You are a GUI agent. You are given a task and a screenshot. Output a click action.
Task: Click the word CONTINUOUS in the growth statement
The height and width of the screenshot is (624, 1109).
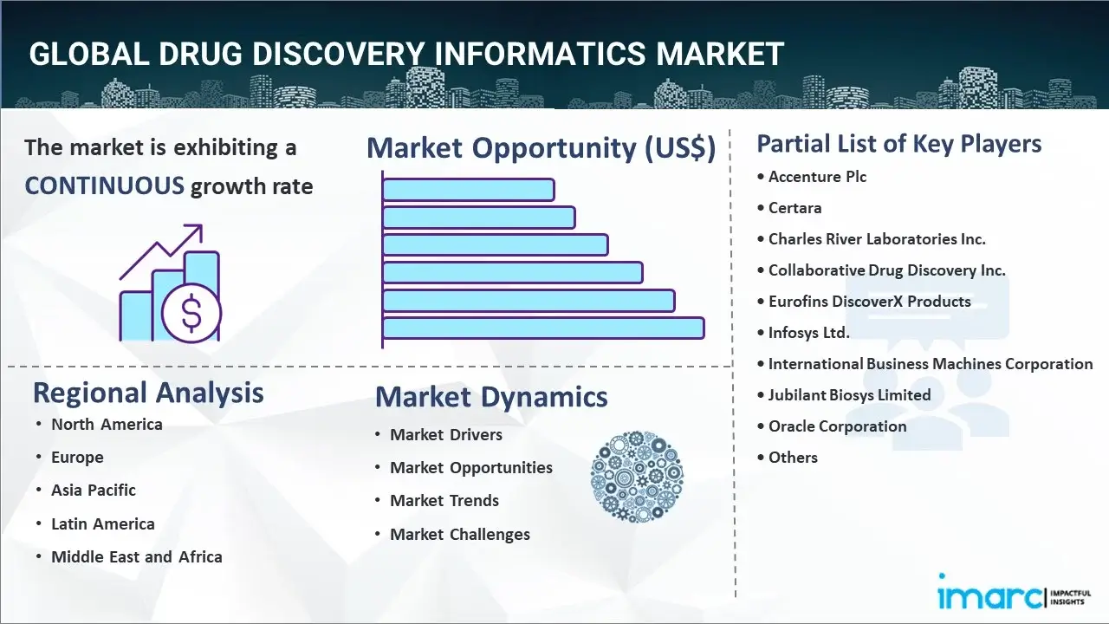pos(105,186)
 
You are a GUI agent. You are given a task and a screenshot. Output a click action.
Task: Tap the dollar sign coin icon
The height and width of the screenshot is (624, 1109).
pos(191,313)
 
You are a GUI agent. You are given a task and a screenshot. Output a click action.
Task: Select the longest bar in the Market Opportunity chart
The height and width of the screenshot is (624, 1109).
pos(543,328)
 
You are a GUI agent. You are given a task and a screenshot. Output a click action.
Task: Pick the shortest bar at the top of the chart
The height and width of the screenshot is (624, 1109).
pos(469,190)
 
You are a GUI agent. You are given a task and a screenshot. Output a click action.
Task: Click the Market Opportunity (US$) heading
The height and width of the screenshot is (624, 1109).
pos(542,147)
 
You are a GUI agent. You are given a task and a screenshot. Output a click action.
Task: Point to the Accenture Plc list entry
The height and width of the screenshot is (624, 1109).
pos(817,177)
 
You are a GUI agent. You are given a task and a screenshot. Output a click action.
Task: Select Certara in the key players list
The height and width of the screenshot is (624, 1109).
pos(794,208)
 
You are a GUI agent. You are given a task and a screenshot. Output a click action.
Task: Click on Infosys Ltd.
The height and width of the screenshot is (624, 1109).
pos(808,333)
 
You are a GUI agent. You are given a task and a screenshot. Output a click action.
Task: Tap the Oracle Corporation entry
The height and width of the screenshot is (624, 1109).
pos(837,426)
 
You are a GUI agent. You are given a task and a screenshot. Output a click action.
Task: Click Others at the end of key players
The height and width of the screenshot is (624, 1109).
pos(793,458)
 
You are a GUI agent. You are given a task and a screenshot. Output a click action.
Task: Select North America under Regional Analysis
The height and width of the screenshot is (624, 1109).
pos(107,425)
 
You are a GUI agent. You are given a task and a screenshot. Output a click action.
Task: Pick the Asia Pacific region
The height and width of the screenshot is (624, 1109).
pos(94,491)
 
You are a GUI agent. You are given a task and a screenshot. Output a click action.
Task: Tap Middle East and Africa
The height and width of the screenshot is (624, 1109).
pos(137,557)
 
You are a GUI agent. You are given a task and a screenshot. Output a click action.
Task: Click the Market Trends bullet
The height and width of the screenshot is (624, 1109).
pos(444,501)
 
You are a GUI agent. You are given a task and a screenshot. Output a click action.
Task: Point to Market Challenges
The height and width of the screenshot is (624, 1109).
pos(460,535)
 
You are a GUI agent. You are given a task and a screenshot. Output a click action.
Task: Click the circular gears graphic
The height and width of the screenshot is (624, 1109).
pos(637,477)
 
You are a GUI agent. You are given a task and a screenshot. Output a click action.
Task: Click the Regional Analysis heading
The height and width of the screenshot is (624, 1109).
pos(148,393)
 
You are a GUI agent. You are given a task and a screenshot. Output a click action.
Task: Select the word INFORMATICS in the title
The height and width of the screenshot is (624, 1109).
pos(540,54)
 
